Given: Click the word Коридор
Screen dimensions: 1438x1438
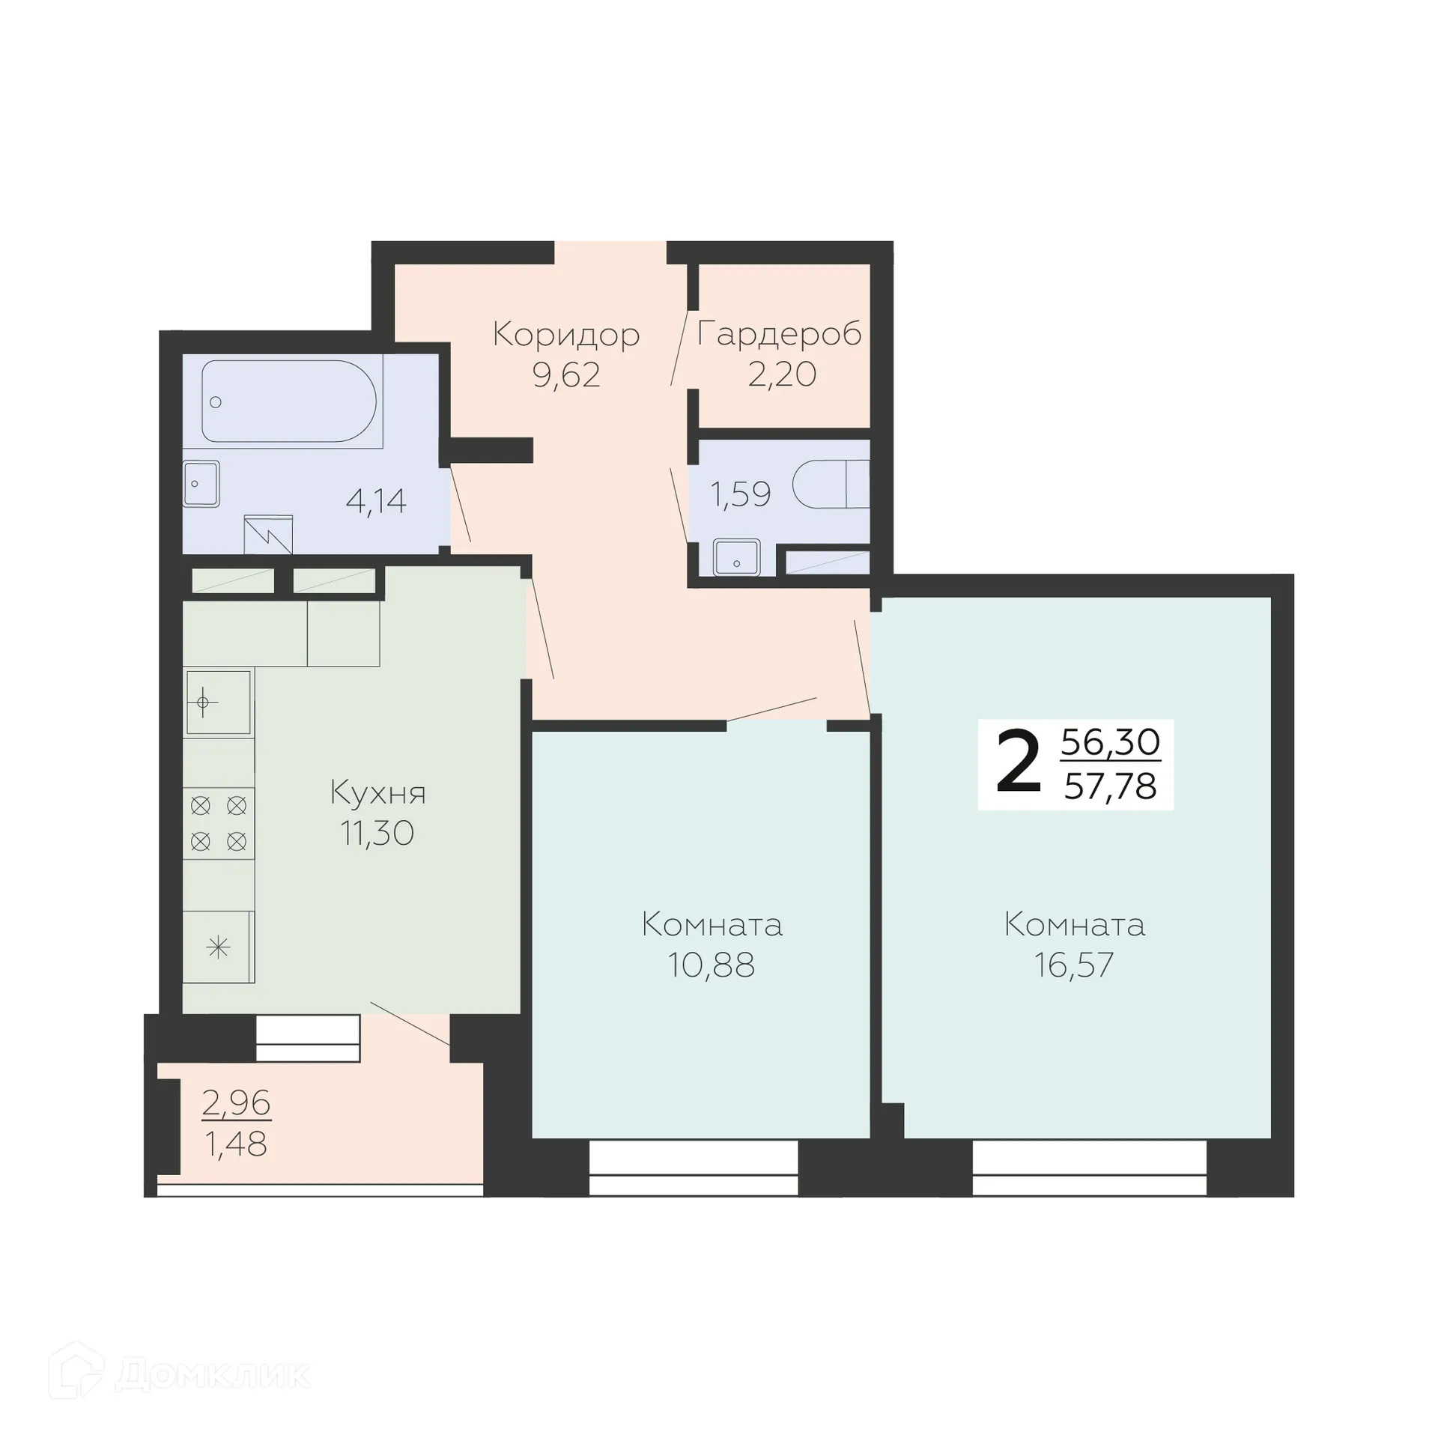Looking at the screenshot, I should [566, 335].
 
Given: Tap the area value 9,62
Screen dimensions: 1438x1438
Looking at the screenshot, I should [566, 374].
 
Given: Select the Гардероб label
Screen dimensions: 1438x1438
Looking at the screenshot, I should [780, 335].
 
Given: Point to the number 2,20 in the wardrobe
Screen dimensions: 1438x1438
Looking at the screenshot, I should [782, 374].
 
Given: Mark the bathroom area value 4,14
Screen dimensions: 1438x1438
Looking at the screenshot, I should [376, 501].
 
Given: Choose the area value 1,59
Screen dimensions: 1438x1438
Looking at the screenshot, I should [740, 494].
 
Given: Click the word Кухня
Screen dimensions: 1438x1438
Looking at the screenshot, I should [378, 793].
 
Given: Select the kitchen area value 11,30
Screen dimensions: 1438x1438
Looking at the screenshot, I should [377, 833].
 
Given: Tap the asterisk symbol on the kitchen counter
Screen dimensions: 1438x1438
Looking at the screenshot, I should [218, 948].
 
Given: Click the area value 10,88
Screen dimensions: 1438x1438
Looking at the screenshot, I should [711, 965].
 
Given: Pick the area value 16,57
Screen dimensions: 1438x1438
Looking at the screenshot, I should [1074, 965].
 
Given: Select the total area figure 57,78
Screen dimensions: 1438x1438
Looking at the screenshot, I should [1111, 786].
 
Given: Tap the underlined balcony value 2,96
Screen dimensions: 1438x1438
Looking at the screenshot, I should [236, 1102].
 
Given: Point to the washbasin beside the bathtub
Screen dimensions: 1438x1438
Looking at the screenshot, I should [201, 483].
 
